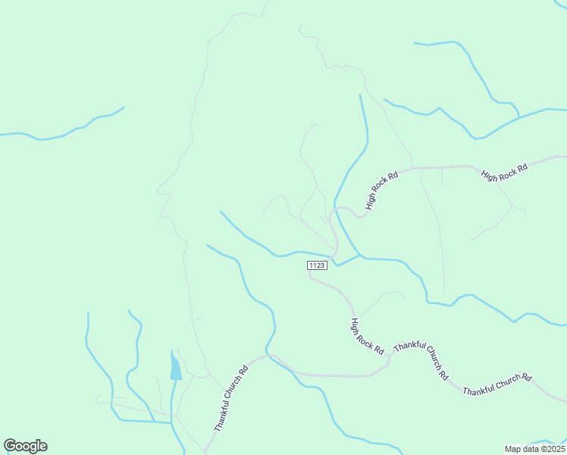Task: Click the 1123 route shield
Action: [x=317, y=265]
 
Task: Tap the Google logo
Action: [x=25, y=446]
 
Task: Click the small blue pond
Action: [x=176, y=367]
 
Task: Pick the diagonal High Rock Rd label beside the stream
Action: [x=381, y=190]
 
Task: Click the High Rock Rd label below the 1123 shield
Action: [x=366, y=335]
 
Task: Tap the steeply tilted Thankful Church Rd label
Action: [x=231, y=399]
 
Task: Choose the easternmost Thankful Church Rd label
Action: [x=497, y=384]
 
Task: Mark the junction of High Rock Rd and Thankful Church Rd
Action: [x=389, y=355]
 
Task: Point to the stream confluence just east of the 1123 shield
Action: [x=359, y=256]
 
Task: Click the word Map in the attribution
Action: [x=513, y=449]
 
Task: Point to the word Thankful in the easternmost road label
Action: [x=480, y=389]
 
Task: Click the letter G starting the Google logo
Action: [x=10, y=446]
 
